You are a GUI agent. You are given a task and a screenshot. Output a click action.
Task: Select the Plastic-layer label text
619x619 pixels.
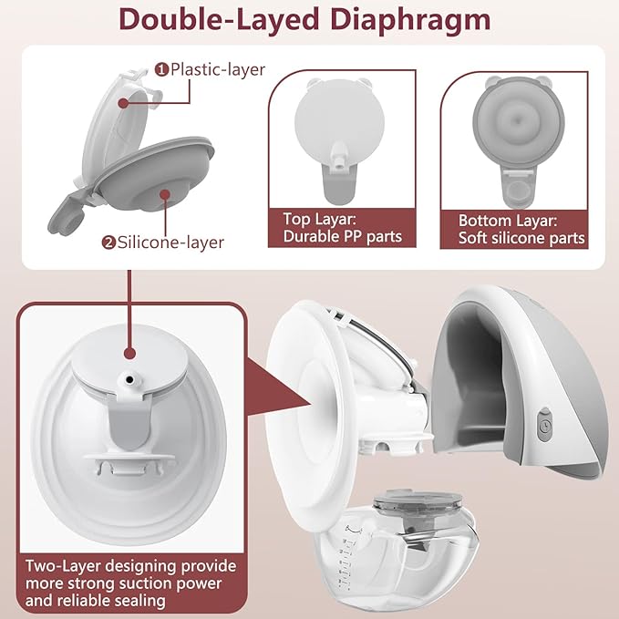point(214,68)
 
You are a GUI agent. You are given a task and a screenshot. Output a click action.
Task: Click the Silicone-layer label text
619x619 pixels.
point(169,242)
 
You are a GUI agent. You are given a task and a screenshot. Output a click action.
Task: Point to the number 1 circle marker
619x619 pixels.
point(161,68)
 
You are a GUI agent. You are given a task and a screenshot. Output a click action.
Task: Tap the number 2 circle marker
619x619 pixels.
point(108,242)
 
